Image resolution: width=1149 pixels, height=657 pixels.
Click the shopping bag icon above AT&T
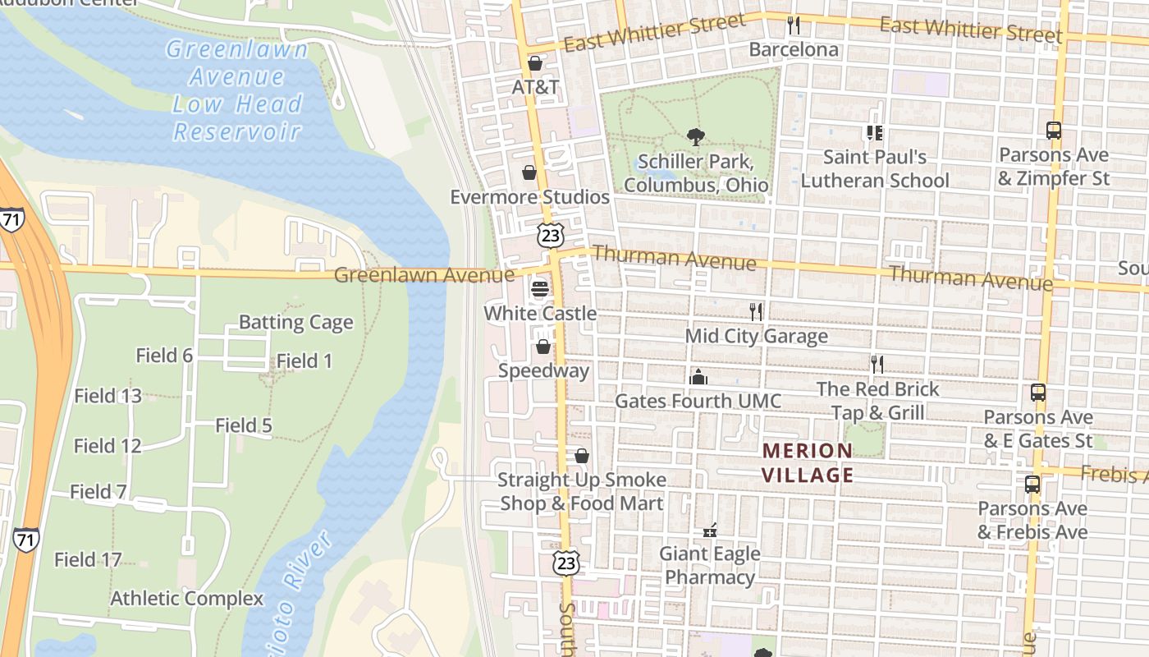click(x=535, y=63)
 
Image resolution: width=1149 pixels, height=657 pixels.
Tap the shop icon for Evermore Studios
click(x=529, y=172)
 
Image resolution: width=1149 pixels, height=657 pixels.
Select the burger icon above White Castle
click(x=539, y=289)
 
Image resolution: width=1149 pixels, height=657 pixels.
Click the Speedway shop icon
click(x=542, y=347)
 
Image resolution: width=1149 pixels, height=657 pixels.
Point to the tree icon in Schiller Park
click(x=696, y=137)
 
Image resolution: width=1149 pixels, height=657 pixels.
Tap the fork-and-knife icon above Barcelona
click(x=793, y=25)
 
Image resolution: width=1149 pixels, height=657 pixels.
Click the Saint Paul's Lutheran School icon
click(x=874, y=132)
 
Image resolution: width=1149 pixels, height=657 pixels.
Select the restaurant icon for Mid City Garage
click(x=756, y=312)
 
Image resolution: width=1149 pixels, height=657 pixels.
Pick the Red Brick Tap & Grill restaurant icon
click(x=877, y=365)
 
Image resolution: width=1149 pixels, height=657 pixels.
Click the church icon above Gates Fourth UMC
click(x=698, y=377)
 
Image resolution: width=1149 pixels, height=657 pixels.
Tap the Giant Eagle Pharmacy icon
click(x=710, y=530)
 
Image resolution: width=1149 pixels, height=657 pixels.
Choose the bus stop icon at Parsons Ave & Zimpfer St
click(x=1054, y=131)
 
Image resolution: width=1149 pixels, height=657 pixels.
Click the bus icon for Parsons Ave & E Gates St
click(x=1038, y=393)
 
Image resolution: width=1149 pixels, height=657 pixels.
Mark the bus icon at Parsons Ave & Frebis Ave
click(x=1032, y=485)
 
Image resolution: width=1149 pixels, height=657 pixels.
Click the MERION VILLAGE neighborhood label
click(x=808, y=463)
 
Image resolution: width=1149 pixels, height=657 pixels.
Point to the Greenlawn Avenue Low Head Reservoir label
click(x=237, y=90)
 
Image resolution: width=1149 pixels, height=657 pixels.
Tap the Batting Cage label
click(x=295, y=322)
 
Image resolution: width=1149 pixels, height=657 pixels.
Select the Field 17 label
click(x=88, y=560)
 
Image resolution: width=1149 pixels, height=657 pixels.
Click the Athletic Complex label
click(x=187, y=599)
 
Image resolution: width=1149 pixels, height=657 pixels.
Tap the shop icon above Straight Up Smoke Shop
click(x=582, y=456)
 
